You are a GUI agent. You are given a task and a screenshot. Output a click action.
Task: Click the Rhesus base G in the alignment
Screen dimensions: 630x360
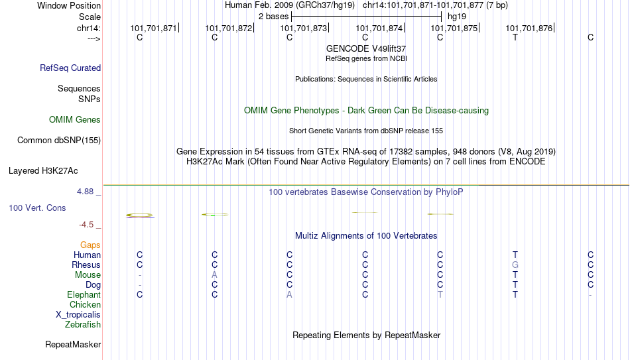pyautogui.click(x=515, y=265)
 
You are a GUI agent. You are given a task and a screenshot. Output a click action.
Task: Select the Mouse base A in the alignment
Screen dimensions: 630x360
pyautogui.click(x=215, y=275)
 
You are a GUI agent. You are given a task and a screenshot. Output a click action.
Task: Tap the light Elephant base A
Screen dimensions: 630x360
pyautogui.click(x=289, y=295)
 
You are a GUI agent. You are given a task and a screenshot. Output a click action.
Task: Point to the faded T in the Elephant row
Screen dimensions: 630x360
pyautogui.click(x=440, y=295)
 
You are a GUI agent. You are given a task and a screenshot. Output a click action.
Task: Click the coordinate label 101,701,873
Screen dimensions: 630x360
pyautogui.click(x=303, y=28)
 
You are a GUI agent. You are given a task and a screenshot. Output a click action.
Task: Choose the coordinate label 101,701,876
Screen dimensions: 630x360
pyautogui.click(x=529, y=28)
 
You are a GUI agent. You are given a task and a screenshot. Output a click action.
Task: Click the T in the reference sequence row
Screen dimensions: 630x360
pyautogui.click(x=515, y=37)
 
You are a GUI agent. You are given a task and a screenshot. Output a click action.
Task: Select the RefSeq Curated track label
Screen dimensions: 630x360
pyautogui.click(x=70, y=68)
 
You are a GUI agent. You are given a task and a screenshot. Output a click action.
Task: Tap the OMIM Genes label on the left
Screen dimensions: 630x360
pyautogui.click(x=75, y=120)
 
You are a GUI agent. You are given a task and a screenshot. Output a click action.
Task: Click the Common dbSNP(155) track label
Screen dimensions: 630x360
pyautogui.click(x=59, y=141)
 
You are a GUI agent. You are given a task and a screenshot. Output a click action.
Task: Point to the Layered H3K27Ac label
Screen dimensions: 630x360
pyautogui.click(x=43, y=171)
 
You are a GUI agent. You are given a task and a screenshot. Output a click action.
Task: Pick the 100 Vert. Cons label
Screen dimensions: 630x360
pyautogui.click(x=37, y=208)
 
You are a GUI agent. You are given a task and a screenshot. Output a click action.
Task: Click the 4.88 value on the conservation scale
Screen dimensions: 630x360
pyautogui.click(x=85, y=192)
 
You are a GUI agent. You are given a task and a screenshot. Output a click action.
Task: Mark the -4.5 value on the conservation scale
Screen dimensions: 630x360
pyautogui.click(x=86, y=225)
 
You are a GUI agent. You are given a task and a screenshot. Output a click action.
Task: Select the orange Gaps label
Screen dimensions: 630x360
pyautogui.click(x=90, y=245)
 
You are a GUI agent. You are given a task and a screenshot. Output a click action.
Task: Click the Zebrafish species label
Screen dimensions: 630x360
pyautogui.click(x=83, y=325)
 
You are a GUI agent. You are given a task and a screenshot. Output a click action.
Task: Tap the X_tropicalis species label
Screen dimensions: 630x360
pyautogui.click(x=78, y=315)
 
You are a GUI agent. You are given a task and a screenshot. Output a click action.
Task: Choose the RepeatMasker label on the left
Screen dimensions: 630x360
pyautogui.click(x=73, y=344)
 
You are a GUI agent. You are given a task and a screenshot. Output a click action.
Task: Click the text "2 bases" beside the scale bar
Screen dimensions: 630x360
pyautogui.click(x=273, y=17)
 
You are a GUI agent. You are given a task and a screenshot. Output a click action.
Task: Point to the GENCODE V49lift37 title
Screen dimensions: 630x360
pyautogui.click(x=366, y=48)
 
